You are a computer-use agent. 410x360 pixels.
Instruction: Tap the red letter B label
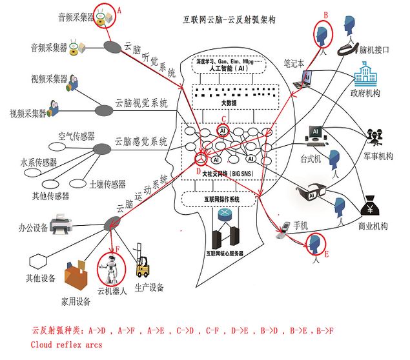coord(326,14)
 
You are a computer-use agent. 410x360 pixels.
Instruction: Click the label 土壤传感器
coord(107,185)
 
